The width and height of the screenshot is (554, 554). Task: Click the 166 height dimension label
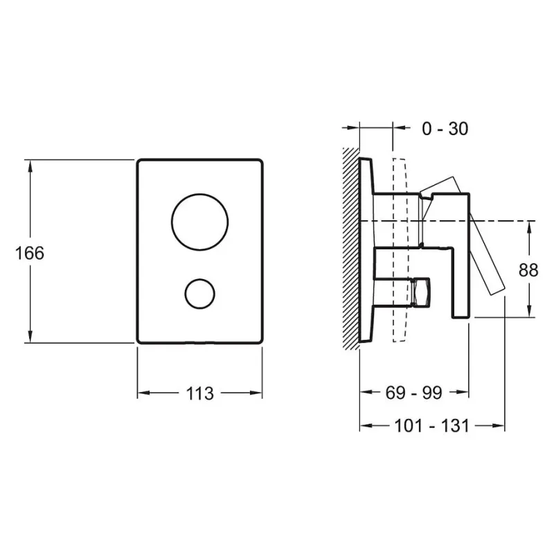click(30, 253)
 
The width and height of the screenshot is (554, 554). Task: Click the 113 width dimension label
click(199, 393)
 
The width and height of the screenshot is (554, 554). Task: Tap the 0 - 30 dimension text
click(445, 129)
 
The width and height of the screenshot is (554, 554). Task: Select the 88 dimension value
click(528, 270)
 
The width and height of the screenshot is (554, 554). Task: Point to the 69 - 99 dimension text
click(413, 393)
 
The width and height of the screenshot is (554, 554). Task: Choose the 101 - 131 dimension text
click(431, 425)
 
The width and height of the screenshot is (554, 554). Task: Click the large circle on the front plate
click(200, 195)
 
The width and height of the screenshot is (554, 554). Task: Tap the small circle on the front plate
click(200, 279)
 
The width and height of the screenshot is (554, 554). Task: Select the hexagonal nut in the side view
click(422, 292)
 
